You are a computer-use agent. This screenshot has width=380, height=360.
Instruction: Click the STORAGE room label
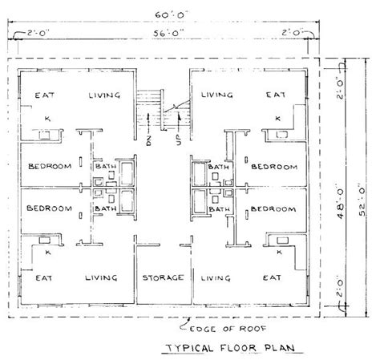164,277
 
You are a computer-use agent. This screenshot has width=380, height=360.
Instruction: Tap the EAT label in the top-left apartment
44,95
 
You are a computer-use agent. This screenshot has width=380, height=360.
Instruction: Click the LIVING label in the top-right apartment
216,95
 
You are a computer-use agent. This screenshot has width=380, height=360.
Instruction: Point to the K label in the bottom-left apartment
38,253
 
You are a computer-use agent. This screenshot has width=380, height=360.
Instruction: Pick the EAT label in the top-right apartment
276,95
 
